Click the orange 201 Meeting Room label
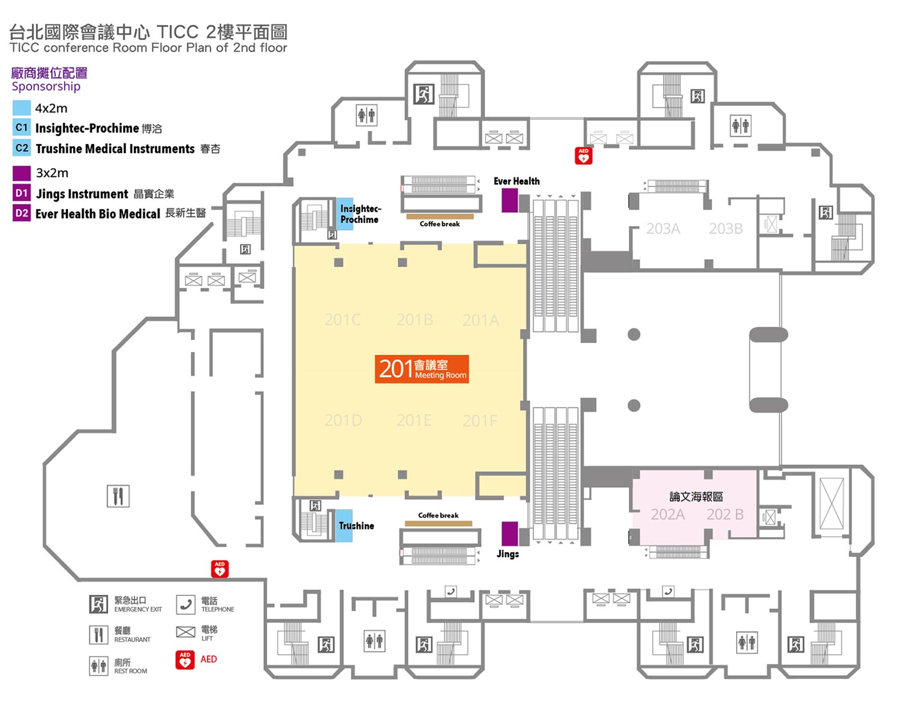click(x=421, y=369)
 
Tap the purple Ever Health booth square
click(x=509, y=200)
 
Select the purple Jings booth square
click(x=509, y=534)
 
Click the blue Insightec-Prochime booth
click(x=344, y=214)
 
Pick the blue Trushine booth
click(x=344, y=526)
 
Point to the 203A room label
click(x=663, y=228)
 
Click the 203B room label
click(x=725, y=228)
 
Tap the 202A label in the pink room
click(x=667, y=515)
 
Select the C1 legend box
click(x=22, y=128)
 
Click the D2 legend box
click(x=22, y=213)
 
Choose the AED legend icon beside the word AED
click(x=185, y=660)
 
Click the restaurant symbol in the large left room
click(x=118, y=496)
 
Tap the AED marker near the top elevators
click(x=583, y=155)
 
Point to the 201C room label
click(x=343, y=320)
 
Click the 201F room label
click(x=479, y=420)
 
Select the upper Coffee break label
click(x=440, y=224)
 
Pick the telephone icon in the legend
click(x=185, y=604)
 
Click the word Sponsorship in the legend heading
click(x=46, y=86)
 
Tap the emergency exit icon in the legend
click(x=98, y=604)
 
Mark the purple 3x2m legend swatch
click(x=22, y=173)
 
